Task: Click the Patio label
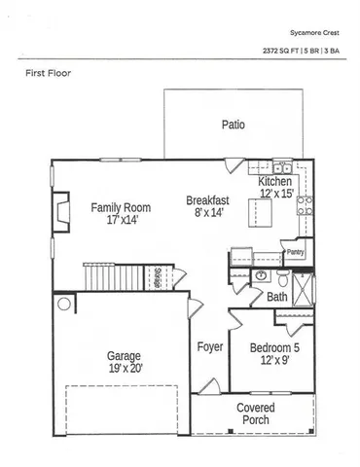pos(233,125)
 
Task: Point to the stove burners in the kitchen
pos(304,204)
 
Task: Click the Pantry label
pos(296,251)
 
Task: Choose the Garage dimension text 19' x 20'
pos(125,368)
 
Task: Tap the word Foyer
pos(210,346)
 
